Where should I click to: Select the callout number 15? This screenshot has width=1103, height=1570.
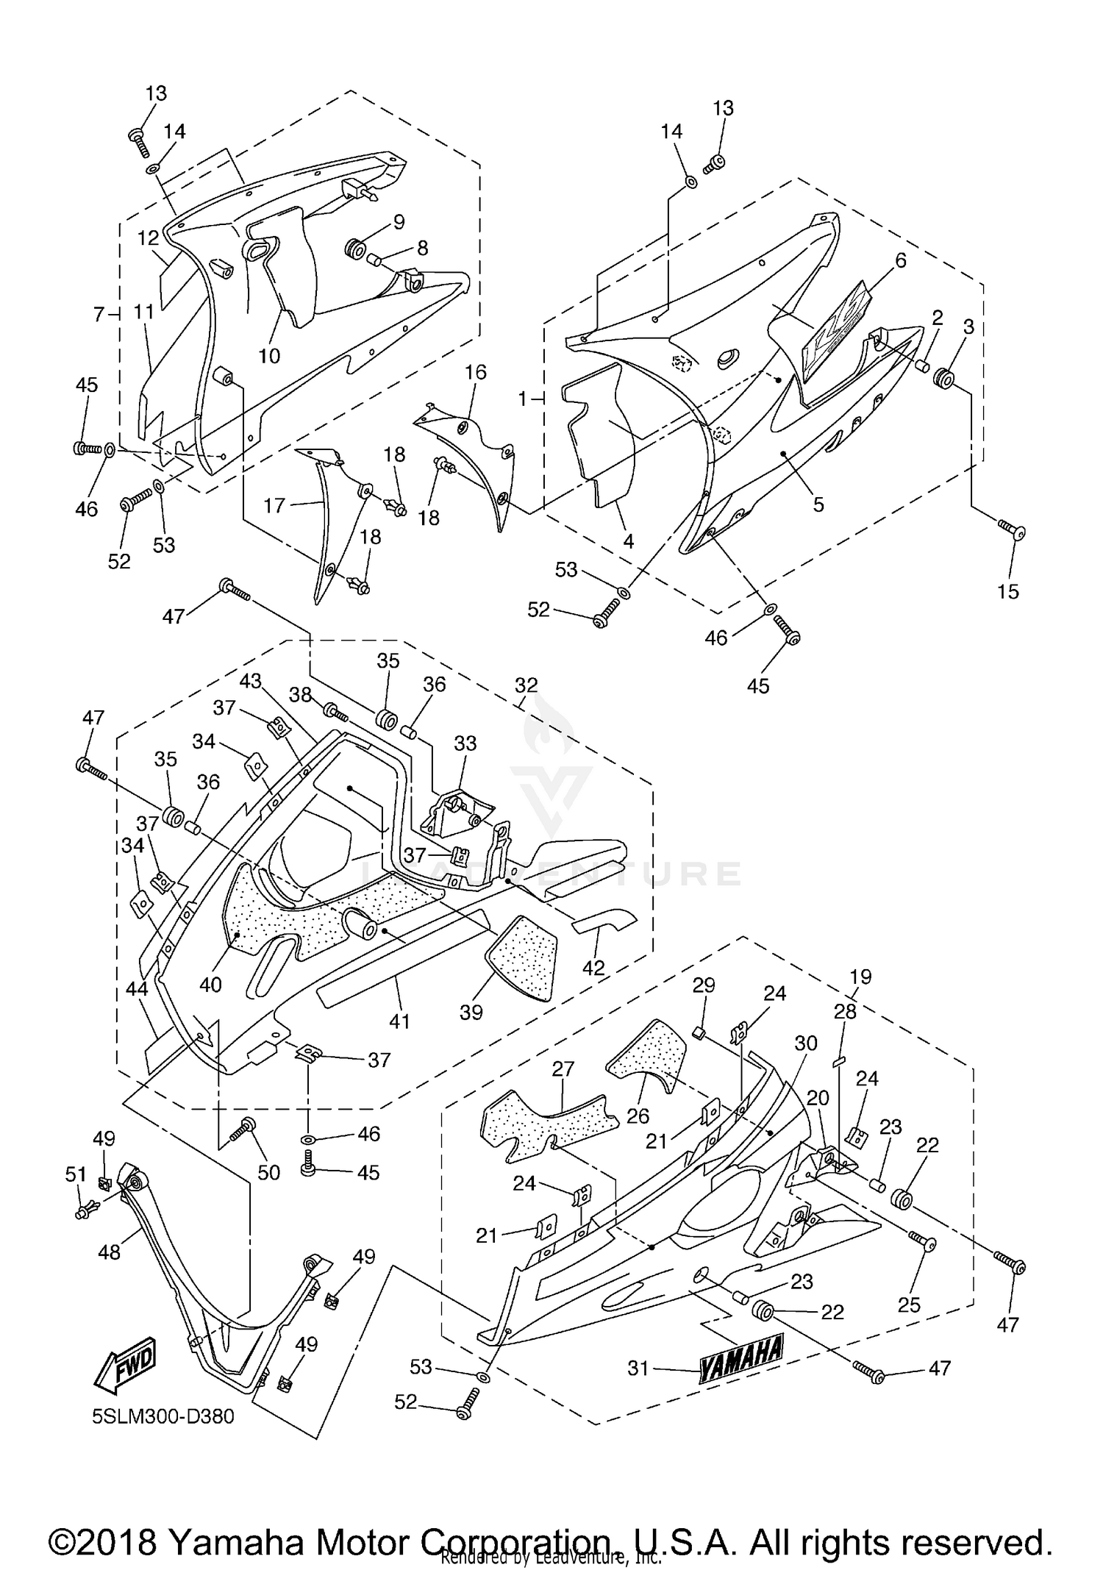point(1007,591)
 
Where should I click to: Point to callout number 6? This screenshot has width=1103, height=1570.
point(901,260)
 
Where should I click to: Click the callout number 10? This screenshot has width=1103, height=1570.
point(269,356)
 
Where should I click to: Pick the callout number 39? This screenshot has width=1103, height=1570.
point(471,1012)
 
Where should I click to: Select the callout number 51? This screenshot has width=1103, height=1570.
point(76,1174)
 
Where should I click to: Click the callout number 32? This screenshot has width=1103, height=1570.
point(526,685)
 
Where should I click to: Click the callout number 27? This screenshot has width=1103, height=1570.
point(563,1069)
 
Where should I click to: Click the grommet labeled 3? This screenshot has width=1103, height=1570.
point(943,379)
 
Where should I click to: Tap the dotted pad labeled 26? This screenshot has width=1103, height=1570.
point(646,1054)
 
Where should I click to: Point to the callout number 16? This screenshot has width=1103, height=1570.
point(476,372)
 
